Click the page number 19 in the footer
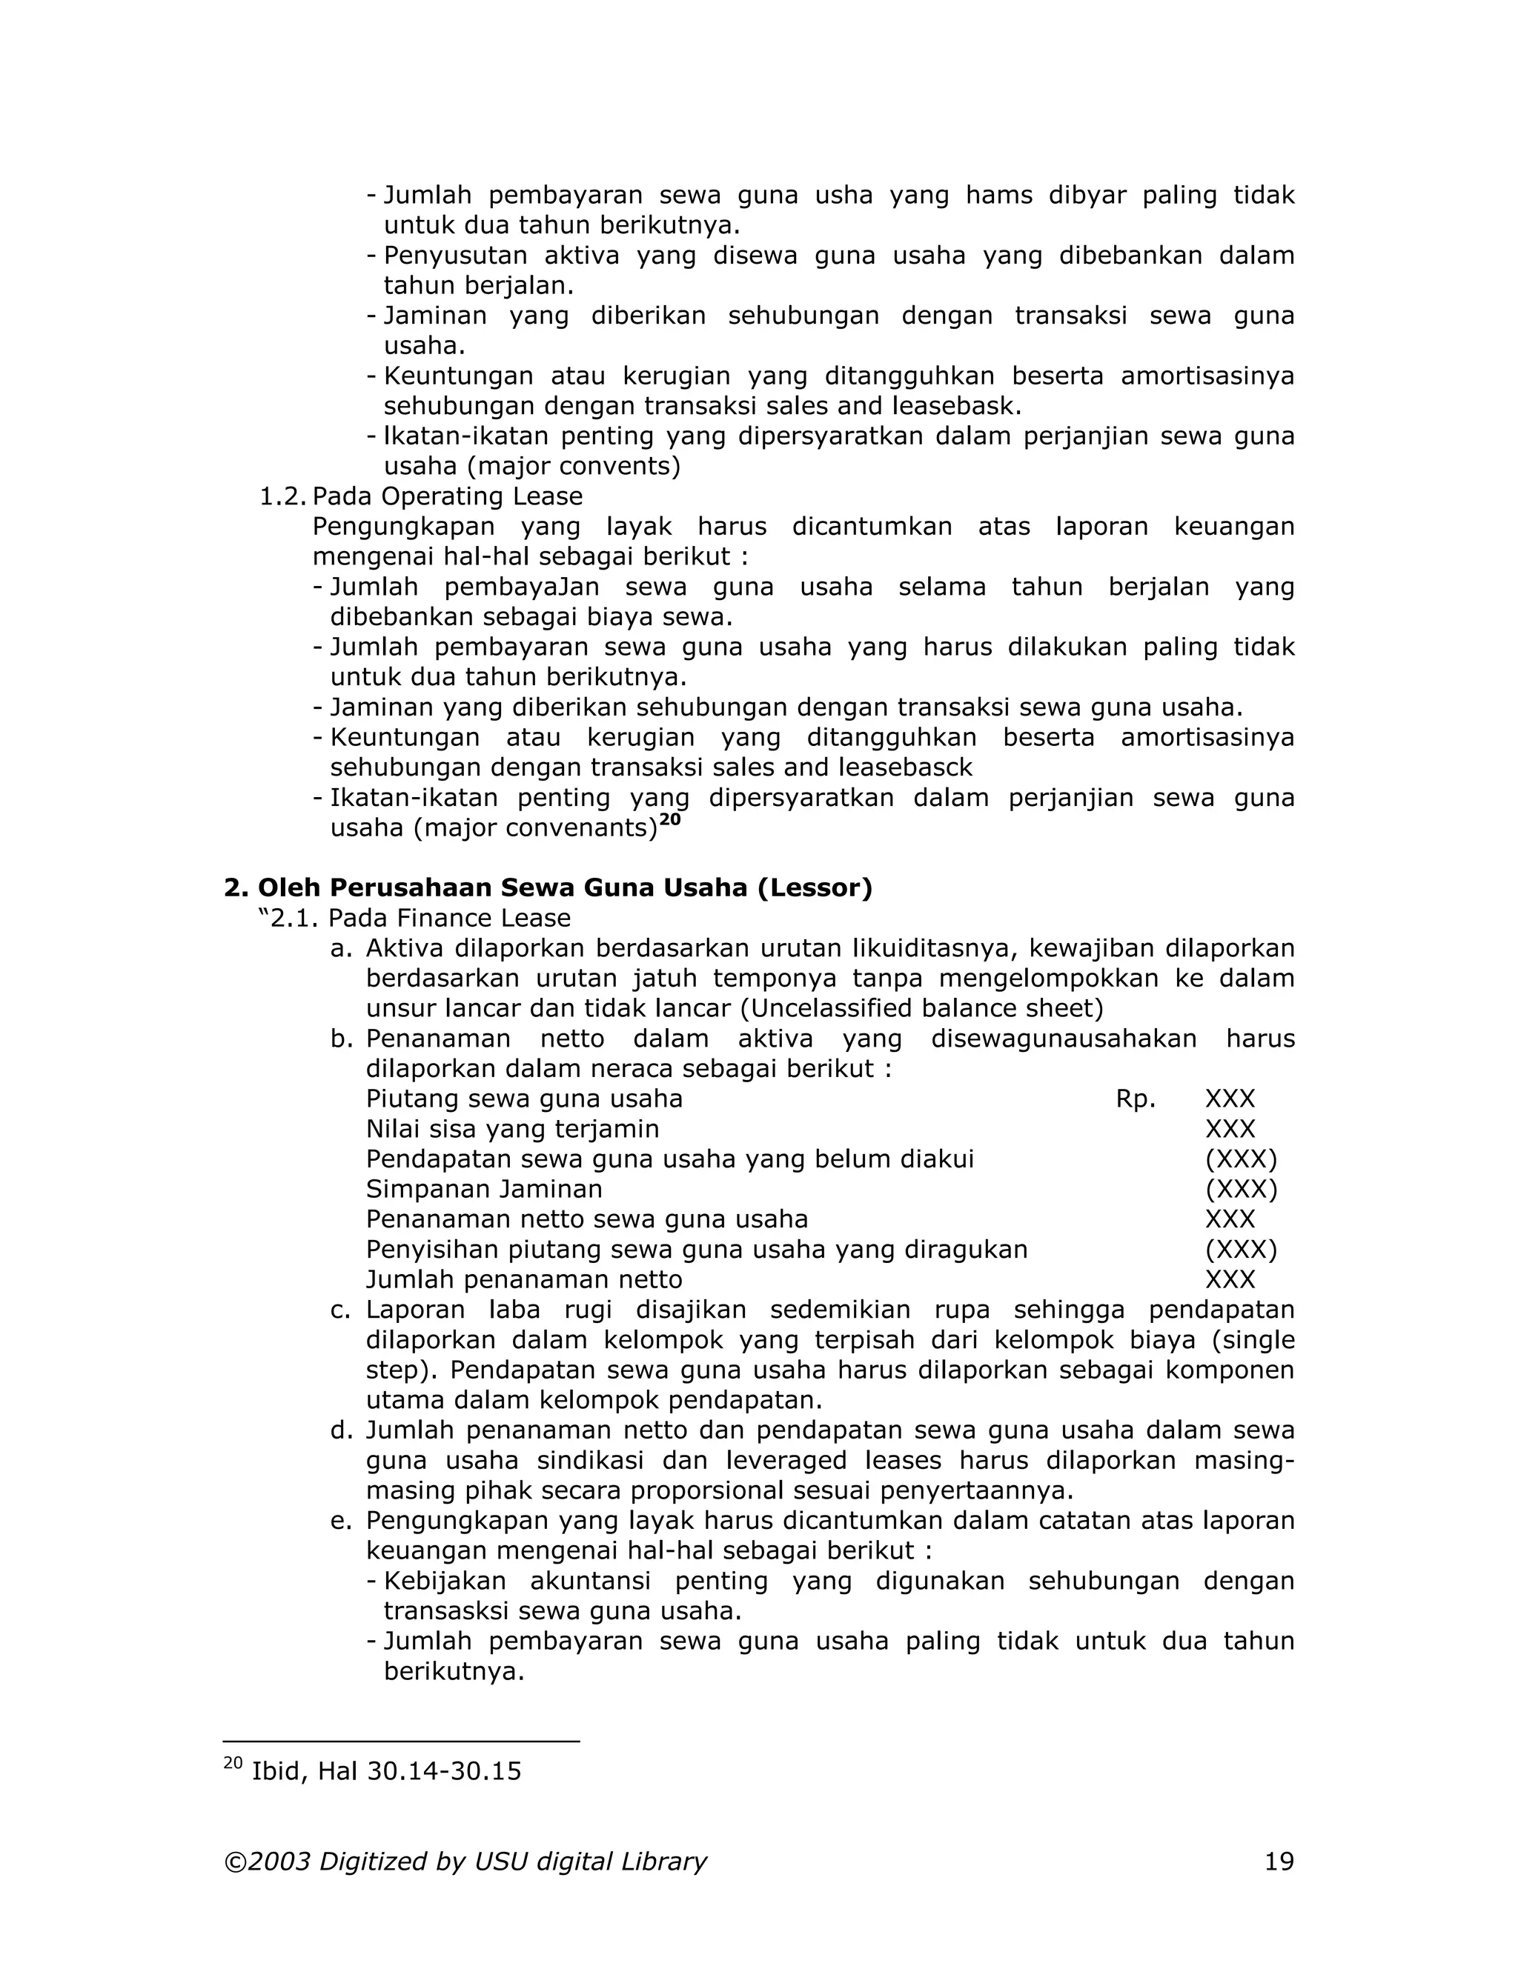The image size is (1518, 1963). tap(1279, 1862)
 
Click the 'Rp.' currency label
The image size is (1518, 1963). tap(1135, 1099)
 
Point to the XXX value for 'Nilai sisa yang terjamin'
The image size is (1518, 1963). tap(1230, 1129)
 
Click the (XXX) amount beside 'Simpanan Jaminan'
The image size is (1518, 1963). tap(1240, 1189)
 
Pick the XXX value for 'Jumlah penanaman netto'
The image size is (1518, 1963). tap(1230, 1279)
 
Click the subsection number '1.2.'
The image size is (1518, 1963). tap(282, 496)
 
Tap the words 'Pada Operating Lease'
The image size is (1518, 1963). tap(447, 496)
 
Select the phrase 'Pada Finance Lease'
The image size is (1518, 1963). tap(448, 918)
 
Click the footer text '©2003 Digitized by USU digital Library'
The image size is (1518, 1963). tap(465, 1862)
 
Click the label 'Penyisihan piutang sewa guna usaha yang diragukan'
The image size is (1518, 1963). tap(696, 1250)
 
